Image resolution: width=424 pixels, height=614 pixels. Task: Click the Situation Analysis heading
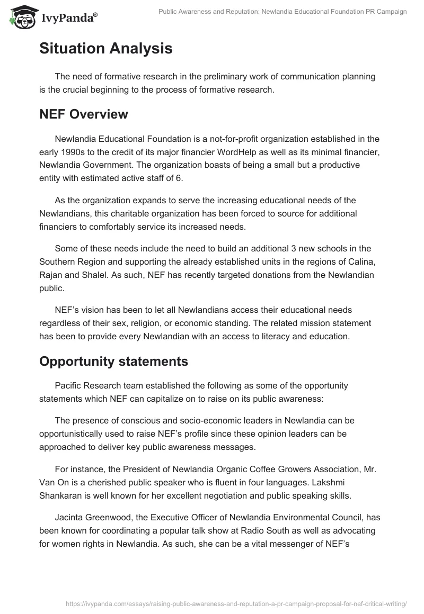point(106,49)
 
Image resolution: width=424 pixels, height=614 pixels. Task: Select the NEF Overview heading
point(84,114)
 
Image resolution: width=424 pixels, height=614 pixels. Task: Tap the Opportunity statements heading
point(113,362)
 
